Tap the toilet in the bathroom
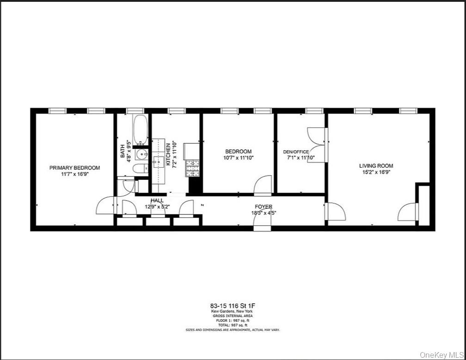pos(139,169)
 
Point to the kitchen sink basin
pos(158,161)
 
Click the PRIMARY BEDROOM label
pos(74,168)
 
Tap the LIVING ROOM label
pos(376,166)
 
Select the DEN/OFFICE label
pos(296,152)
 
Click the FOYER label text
pos(264,207)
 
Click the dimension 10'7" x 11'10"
pos(239,158)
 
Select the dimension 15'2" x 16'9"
pos(376,172)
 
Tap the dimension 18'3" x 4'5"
pos(264,213)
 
